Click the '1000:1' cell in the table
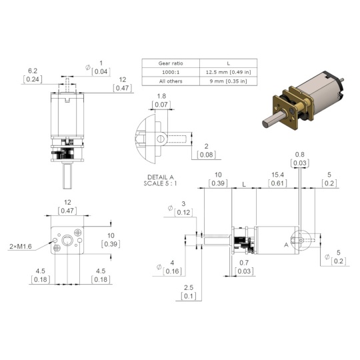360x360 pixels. pos(171,72)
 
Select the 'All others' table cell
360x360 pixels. pos(171,81)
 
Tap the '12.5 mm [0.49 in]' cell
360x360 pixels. pos(228,72)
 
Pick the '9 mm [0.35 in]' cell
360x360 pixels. pos(228,81)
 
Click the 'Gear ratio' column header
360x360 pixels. pos(171,63)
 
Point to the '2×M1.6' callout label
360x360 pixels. pos(21,247)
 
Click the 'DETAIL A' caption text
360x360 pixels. pos(161,177)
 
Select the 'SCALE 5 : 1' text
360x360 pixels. pos(160,183)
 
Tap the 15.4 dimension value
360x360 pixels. pos(277,175)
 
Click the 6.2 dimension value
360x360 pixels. pos(33,71)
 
